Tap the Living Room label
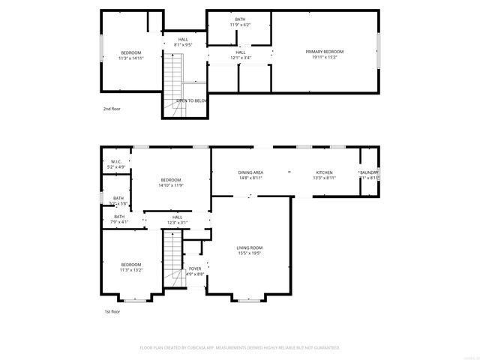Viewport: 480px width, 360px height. tap(250, 250)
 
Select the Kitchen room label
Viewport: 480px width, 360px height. tap(324, 175)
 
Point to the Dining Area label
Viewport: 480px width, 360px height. tap(250, 175)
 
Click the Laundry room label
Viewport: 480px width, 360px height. tap(370, 175)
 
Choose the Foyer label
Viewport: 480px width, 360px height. tap(195, 271)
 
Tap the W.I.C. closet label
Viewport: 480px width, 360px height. tap(116, 164)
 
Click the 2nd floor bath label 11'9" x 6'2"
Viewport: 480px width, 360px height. tap(240, 22)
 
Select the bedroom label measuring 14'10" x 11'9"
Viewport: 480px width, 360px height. tap(171, 182)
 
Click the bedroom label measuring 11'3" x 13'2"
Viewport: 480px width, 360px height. tap(131, 267)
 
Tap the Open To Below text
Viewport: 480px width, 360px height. tap(192, 100)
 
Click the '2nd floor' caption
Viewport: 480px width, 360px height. tap(112, 109)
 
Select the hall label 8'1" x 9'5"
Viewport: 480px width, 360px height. tap(183, 42)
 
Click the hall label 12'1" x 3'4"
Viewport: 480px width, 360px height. tap(240, 55)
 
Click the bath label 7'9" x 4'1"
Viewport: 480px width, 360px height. tap(119, 219)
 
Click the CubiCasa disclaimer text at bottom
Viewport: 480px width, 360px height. tap(240, 348)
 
